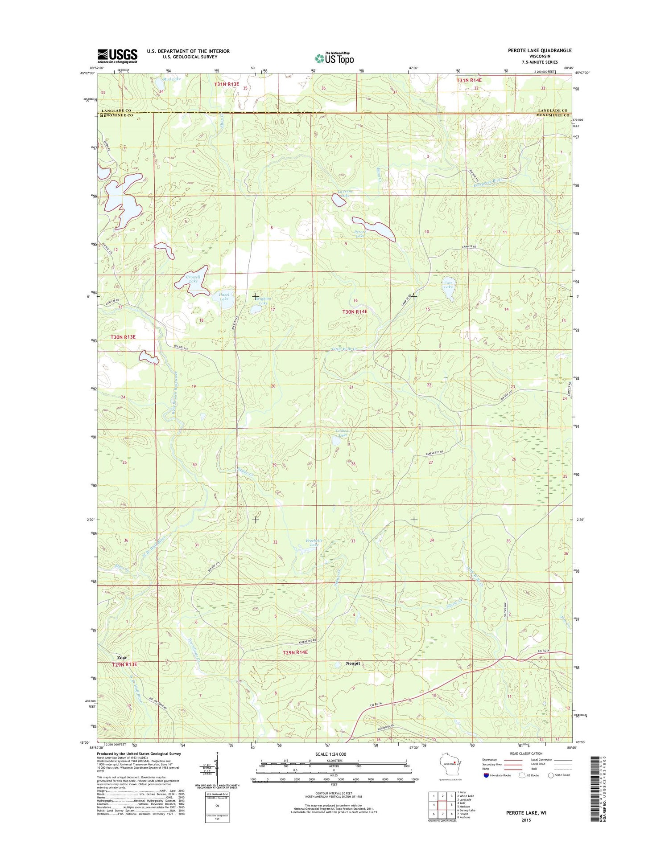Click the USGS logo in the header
click(x=117, y=56)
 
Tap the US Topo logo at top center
click(x=334, y=57)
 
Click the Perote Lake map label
click(x=360, y=234)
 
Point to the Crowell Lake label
click(x=193, y=279)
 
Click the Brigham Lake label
click(x=263, y=301)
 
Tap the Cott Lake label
click(x=448, y=285)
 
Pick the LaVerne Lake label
click(x=345, y=193)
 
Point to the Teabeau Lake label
click(x=343, y=433)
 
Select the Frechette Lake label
click(x=314, y=543)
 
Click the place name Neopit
click(x=353, y=664)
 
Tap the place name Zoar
click(x=122, y=658)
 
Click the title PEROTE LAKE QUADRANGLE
click(x=539, y=50)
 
